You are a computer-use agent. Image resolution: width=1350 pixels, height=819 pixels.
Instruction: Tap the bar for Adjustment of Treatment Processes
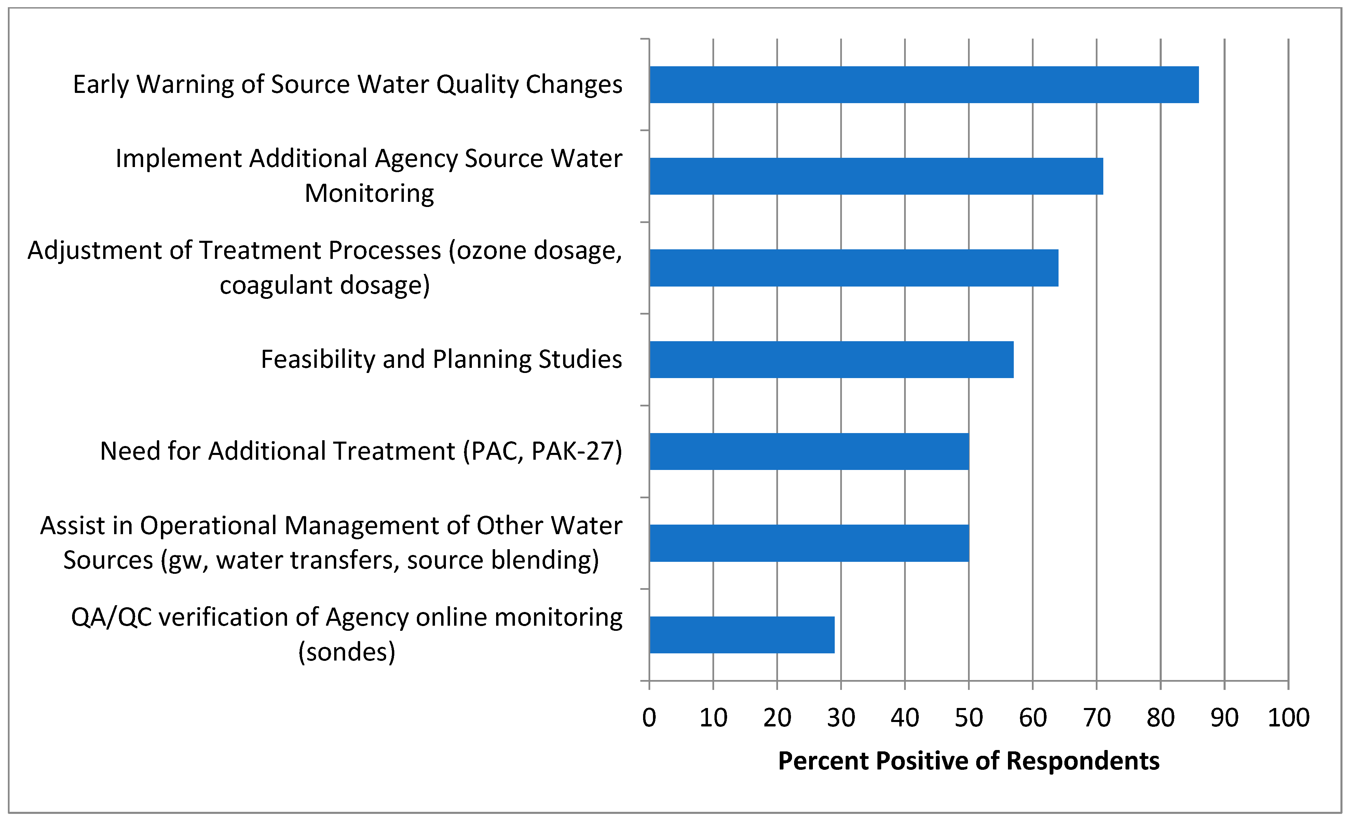pyautogui.click(x=854, y=268)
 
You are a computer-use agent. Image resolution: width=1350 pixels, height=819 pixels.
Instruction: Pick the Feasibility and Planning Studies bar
pyautogui.click(x=831, y=359)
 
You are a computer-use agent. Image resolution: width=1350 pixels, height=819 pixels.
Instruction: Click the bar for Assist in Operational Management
pyautogui.click(x=809, y=543)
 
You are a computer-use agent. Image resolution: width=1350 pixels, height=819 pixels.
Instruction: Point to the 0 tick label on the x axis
pyautogui.click(x=649, y=717)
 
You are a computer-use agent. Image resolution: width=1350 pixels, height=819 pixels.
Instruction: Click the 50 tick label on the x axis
pyautogui.click(x=969, y=717)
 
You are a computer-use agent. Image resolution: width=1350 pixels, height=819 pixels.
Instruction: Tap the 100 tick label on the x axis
pyautogui.click(x=1288, y=717)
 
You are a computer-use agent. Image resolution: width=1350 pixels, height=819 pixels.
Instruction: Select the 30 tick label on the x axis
pyautogui.click(x=841, y=717)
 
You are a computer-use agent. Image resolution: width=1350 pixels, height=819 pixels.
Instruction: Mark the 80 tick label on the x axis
pyautogui.click(x=1160, y=717)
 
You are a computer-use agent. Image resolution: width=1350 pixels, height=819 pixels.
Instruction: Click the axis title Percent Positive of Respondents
pyautogui.click(x=969, y=761)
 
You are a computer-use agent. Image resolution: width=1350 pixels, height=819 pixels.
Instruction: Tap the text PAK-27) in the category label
pyautogui.click(x=577, y=452)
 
